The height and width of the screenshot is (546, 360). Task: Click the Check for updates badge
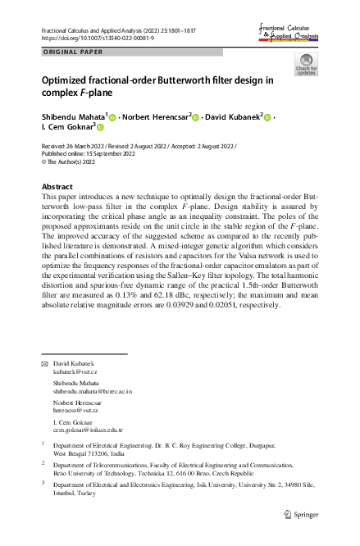point(306,65)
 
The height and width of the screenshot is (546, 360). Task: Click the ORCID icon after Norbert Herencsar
point(197,117)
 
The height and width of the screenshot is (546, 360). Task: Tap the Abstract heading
point(57,187)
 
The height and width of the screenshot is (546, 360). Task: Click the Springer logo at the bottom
point(300,515)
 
